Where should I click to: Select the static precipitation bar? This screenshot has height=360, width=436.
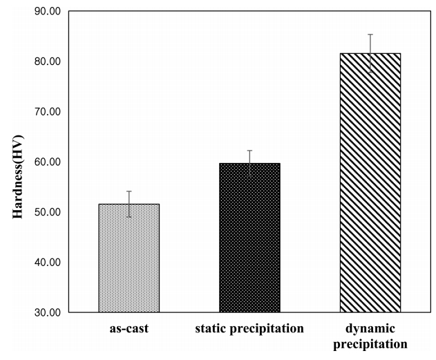(249, 238)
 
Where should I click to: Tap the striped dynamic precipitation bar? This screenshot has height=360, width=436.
(370, 183)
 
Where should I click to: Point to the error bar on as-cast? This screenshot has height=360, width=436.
(129, 204)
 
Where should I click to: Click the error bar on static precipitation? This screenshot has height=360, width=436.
(249, 163)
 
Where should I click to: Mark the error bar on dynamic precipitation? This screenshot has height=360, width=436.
(370, 53)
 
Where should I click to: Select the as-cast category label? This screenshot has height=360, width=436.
(129, 328)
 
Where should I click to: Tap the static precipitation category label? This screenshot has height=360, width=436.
(249, 328)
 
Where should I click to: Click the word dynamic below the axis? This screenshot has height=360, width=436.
(370, 328)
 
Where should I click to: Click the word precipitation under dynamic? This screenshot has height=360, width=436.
(370, 343)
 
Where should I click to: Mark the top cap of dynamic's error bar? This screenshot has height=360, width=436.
(370, 35)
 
